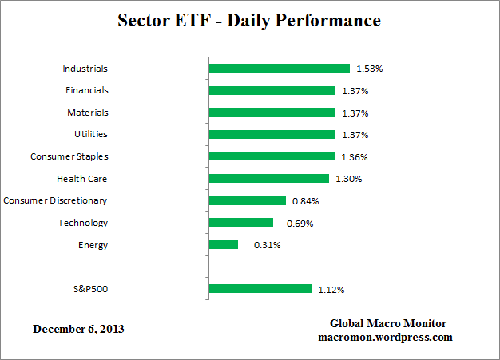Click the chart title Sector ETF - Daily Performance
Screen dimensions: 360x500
[250, 21]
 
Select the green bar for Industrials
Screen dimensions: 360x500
[279, 69]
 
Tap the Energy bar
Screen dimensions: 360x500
[223, 244]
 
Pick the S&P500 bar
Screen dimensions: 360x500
[260, 289]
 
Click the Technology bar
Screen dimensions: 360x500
[240, 223]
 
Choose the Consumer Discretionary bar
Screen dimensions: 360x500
[247, 200]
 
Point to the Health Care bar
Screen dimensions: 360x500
[268, 179]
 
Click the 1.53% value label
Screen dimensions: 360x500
[370, 69]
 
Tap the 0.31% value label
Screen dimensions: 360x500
[267, 245]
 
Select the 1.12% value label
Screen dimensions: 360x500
[331, 289]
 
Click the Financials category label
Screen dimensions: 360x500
[85, 90]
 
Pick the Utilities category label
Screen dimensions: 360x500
[89, 135]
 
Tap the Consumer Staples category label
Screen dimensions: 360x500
[69, 156]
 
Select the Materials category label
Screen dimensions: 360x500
[87, 113]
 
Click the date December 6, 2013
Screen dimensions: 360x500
[79, 329]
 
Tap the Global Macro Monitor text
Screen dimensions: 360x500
[388, 323]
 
